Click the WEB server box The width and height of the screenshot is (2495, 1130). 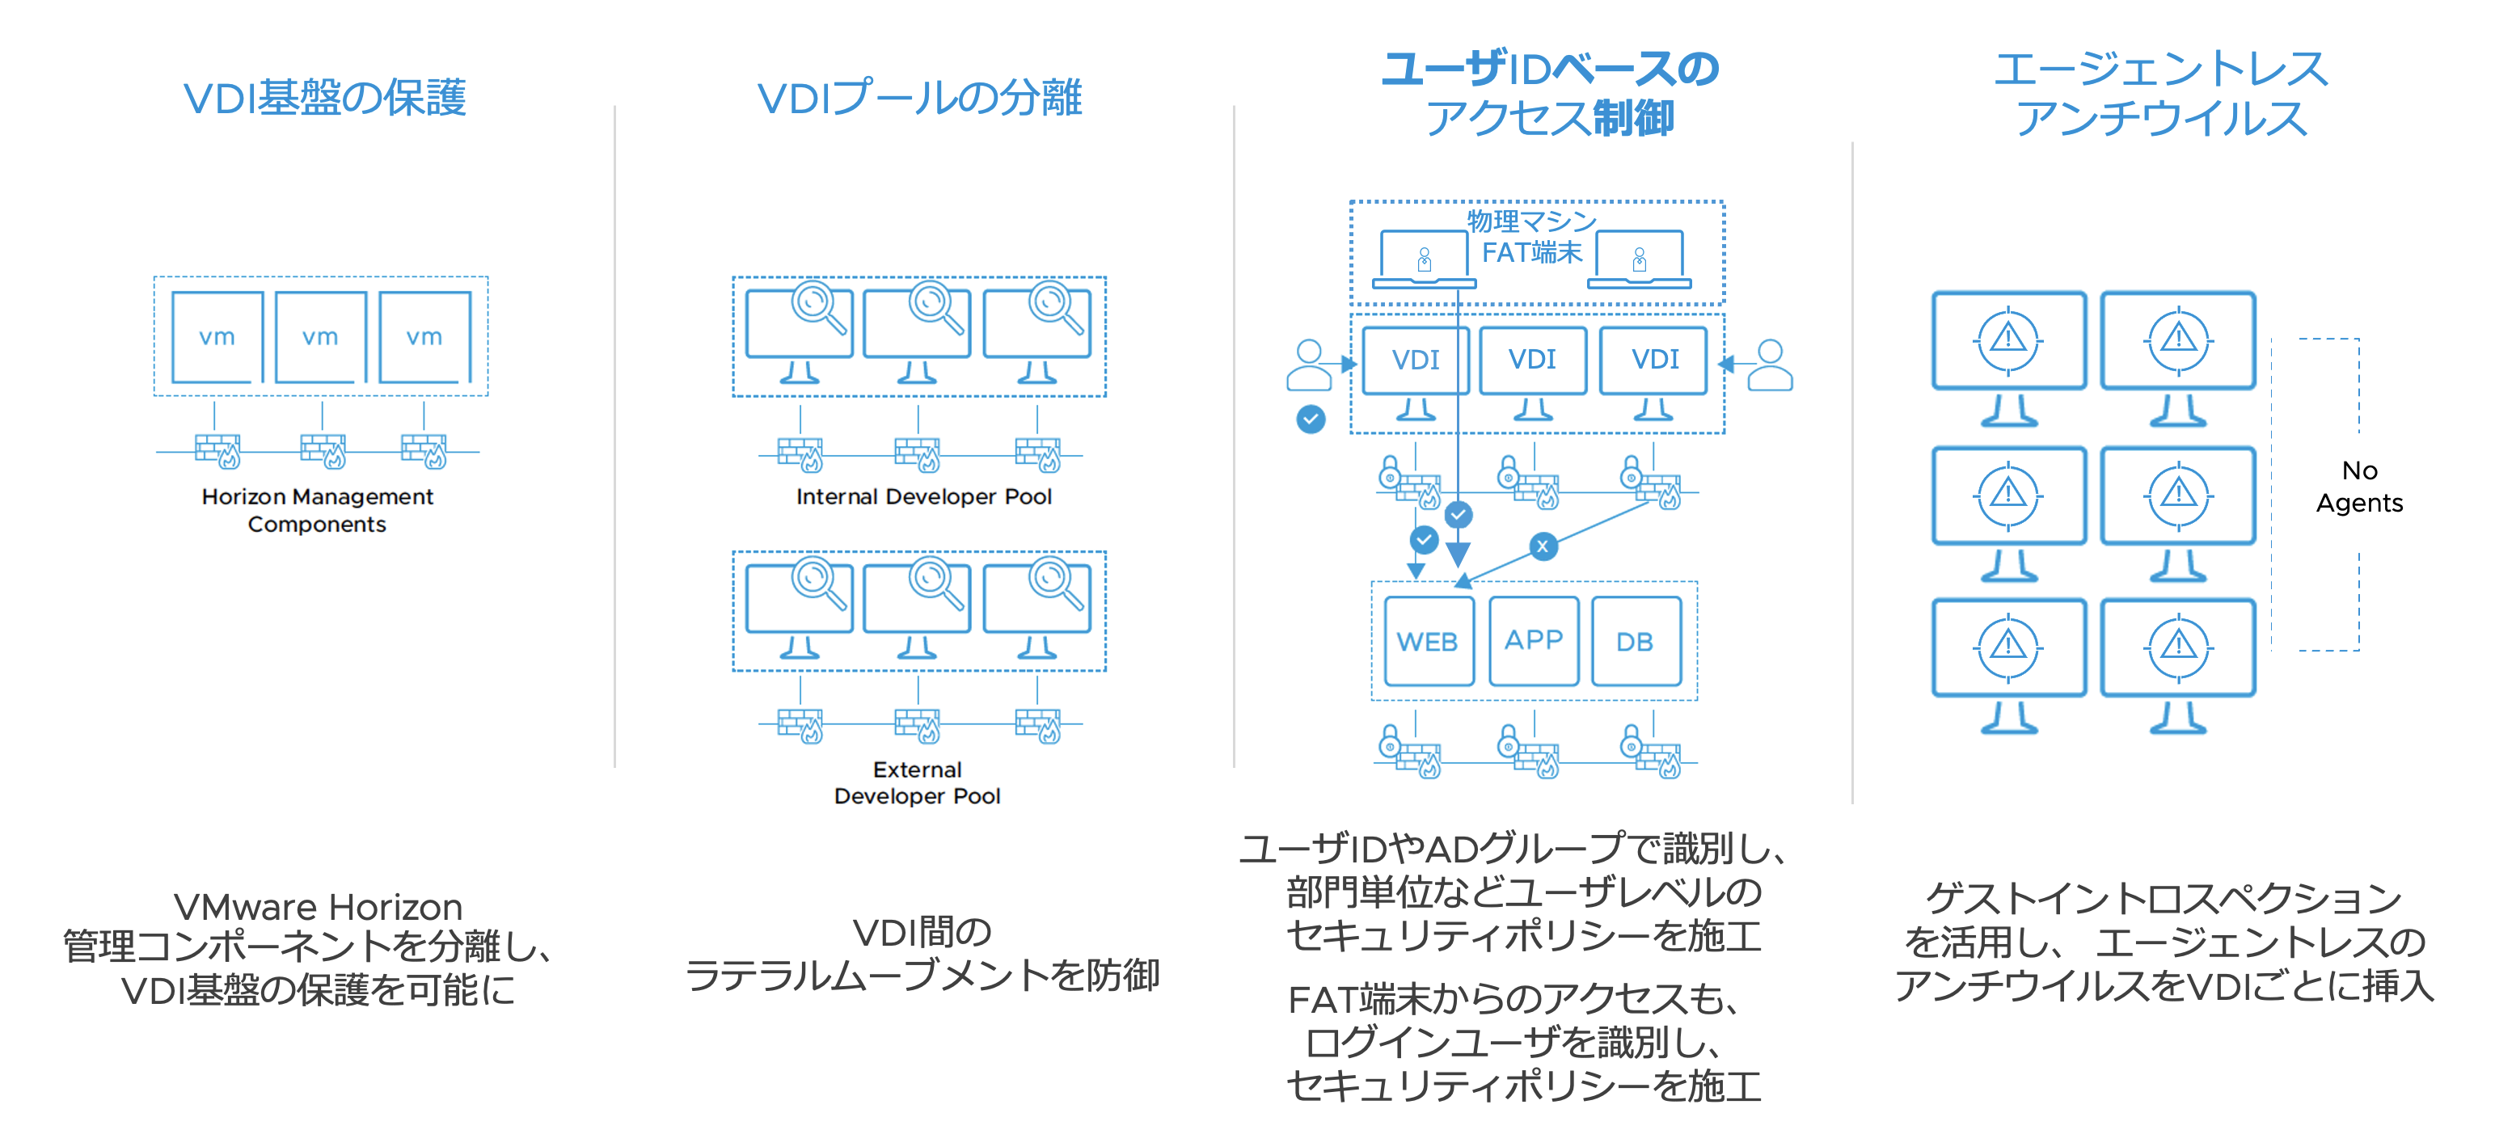pyautogui.click(x=1429, y=641)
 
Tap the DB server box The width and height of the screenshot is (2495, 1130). pyautogui.click(x=1636, y=641)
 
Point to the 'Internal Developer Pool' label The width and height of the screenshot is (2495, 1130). pyautogui.click(x=923, y=497)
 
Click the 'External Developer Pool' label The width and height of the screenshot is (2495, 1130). pyautogui.click(x=917, y=782)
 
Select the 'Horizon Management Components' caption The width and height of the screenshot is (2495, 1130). pyautogui.click(x=318, y=510)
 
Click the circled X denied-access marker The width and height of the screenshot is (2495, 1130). pyautogui.click(x=1543, y=546)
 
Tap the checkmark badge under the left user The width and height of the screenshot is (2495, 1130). pyautogui.click(x=1311, y=420)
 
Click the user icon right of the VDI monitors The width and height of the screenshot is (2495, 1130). pyautogui.click(x=1770, y=365)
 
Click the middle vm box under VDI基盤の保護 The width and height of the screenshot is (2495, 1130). pyautogui.click(x=321, y=337)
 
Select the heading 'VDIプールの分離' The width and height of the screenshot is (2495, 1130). pyautogui.click(x=919, y=98)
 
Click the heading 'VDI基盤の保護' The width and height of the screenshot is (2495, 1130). pyautogui.click(x=324, y=98)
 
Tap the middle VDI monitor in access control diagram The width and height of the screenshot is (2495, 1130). pyautogui.click(x=1532, y=361)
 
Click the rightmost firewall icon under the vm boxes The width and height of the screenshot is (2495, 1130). pyautogui.click(x=425, y=451)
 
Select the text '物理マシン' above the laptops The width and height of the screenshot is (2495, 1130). pyautogui.click(x=1531, y=221)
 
